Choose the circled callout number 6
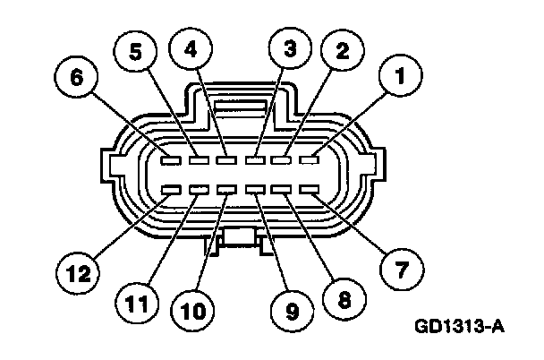pos(78,79)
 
